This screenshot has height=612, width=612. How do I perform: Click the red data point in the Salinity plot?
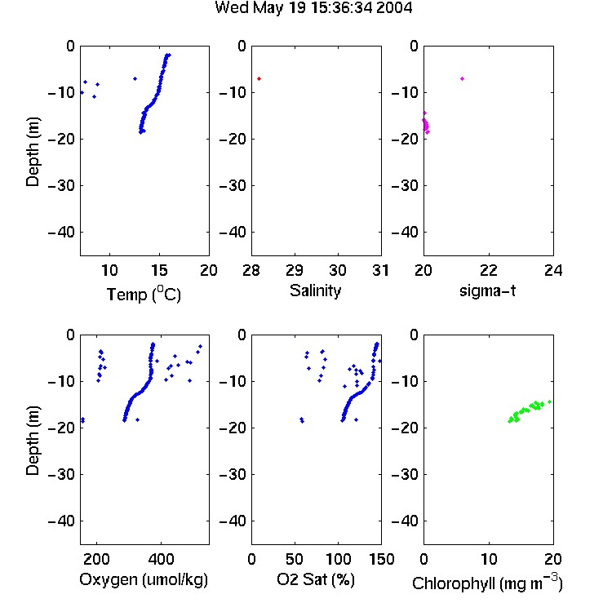coord(259,79)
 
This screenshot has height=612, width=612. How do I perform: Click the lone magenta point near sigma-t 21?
coord(462,79)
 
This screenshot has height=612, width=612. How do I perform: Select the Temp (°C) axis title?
coord(144,295)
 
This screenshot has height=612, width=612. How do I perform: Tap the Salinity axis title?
coord(315,290)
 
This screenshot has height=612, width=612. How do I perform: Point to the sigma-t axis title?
coord(487,290)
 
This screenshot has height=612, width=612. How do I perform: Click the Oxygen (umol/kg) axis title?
coord(144,580)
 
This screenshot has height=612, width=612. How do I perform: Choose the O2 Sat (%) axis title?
coord(316,580)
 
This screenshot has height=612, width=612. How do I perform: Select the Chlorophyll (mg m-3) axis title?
coord(487,583)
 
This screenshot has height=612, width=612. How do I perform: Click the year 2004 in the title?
coord(394,7)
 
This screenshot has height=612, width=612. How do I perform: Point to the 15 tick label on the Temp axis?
coord(159,270)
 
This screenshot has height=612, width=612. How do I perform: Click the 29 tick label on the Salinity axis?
coord(295,270)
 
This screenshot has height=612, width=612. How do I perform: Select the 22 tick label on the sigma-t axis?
coord(489,270)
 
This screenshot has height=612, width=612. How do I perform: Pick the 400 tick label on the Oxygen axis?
coord(161,559)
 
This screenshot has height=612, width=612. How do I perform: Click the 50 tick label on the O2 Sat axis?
coord(295,559)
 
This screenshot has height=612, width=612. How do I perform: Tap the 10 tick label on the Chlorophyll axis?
coord(489,559)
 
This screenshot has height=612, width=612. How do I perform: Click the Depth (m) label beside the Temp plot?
coord(33,152)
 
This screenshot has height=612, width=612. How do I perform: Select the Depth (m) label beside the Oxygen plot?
coord(33,441)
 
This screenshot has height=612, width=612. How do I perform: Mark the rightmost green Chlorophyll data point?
coord(549,401)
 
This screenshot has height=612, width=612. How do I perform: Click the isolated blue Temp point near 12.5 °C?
coord(135,79)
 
